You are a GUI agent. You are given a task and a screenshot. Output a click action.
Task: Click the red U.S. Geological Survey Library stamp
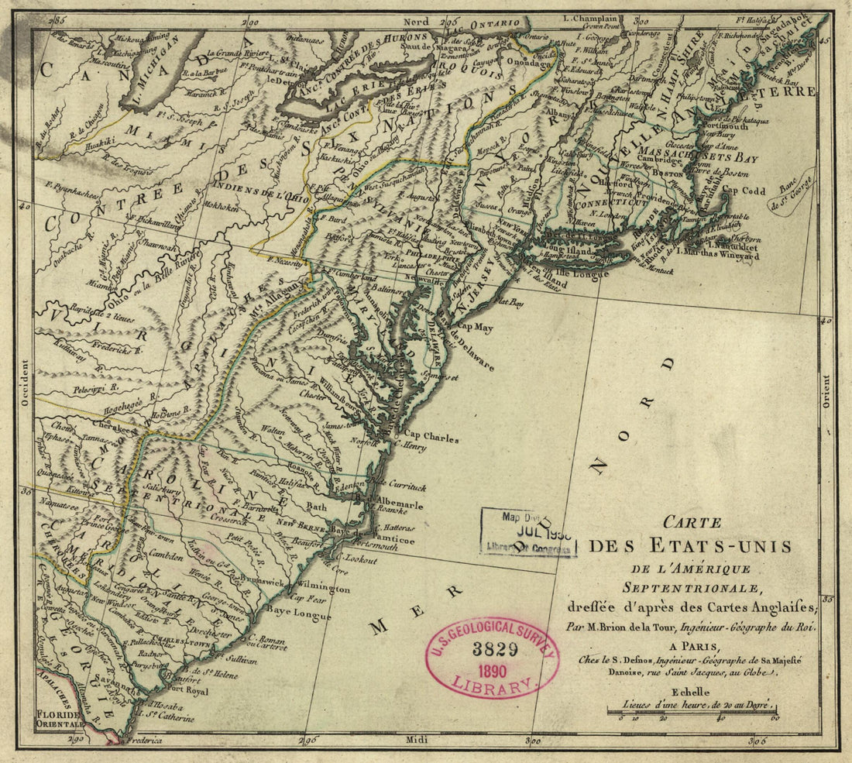[x=491, y=658]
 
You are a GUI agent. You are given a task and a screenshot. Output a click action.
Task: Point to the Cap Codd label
[x=743, y=191]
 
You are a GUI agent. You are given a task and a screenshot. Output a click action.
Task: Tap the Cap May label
[x=473, y=328]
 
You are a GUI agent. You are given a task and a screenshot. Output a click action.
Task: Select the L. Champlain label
[x=590, y=18]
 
